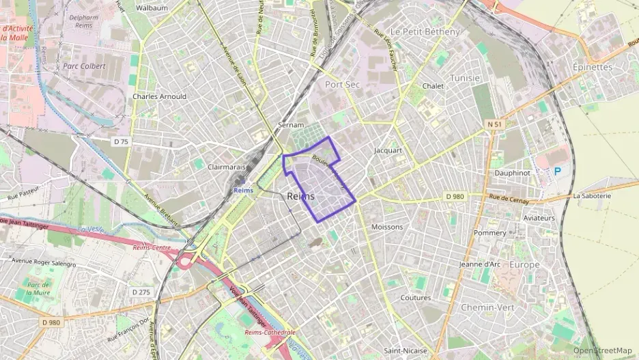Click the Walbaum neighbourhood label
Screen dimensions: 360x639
click(152, 8)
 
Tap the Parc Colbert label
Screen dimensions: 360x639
click(84, 66)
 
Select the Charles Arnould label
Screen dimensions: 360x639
click(159, 96)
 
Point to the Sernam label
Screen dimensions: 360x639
click(290, 126)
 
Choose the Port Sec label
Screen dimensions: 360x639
click(342, 84)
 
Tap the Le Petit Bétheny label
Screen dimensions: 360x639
click(424, 31)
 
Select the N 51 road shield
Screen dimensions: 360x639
click(494, 124)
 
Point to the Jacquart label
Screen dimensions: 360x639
click(388, 150)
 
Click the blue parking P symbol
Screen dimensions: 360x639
click(557, 171)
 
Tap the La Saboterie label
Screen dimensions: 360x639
click(592, 196)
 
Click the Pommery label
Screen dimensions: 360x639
click(490, 233)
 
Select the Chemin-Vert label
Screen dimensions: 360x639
click(487, 307)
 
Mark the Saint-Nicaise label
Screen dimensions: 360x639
click(406, 350)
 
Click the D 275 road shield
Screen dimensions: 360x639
click(141, 292)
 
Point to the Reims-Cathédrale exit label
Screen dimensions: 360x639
click(270, 333)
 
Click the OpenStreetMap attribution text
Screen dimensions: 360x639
click(602, 350)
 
